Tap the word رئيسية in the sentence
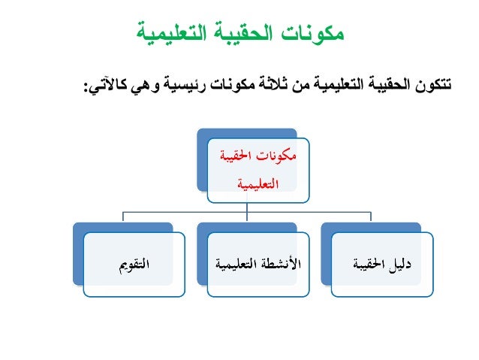point(185,88)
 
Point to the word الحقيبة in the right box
point(366,263)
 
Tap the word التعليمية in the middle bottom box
point(238,263)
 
